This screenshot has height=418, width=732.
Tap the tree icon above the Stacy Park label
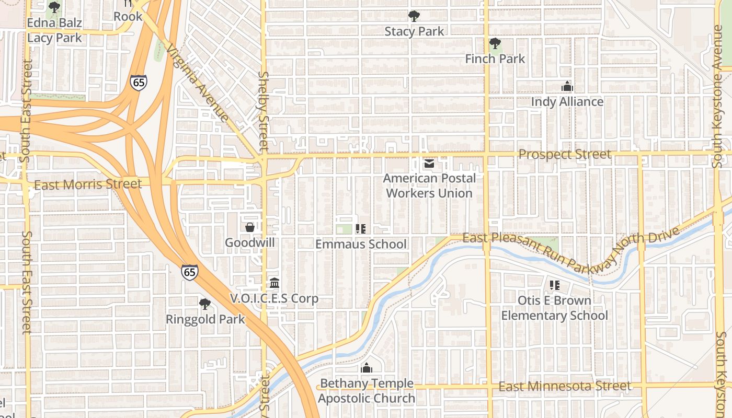click(414, 16)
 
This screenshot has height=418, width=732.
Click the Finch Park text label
click(495, 59)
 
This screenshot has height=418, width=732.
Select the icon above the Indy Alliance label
click(567, 87)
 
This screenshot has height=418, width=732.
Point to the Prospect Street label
click(565, 154)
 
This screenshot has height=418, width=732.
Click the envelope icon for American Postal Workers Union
click(429, 164)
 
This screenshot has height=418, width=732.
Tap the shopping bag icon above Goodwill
click(250, 227)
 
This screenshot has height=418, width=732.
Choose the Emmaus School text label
click(361, 244)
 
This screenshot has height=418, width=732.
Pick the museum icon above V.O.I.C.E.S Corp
click(274, 283)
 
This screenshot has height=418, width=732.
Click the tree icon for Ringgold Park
click(205, 304)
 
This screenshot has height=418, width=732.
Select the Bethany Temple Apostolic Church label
click(367, 391)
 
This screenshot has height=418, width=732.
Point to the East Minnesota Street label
click(565, 386)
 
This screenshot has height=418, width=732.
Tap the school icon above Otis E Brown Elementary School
click(555, 285)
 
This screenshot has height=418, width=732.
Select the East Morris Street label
click(88, 184)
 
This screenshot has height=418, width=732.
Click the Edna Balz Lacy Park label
click(54, 30)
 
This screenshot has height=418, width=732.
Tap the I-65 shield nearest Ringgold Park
click(190, 272)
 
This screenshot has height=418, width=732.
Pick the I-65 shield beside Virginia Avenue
click(139, 83)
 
